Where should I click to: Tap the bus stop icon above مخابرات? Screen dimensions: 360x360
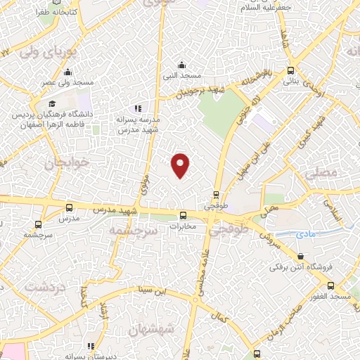tap(183, 215)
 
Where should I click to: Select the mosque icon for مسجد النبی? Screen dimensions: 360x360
tap(182, 65)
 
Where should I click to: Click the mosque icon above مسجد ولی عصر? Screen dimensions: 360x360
tap(68, 72)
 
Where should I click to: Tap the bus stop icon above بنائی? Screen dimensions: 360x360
tap(292, 70)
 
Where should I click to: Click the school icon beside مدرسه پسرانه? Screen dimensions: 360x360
tap(139, 108)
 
